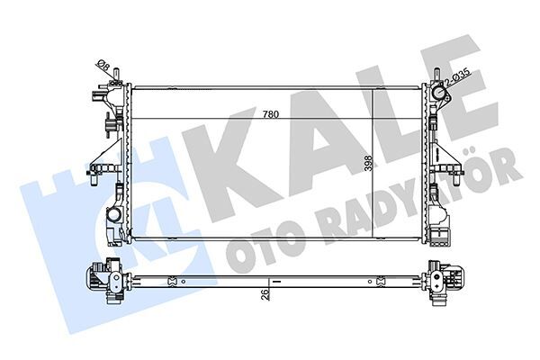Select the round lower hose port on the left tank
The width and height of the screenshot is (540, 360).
[114, 216]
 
